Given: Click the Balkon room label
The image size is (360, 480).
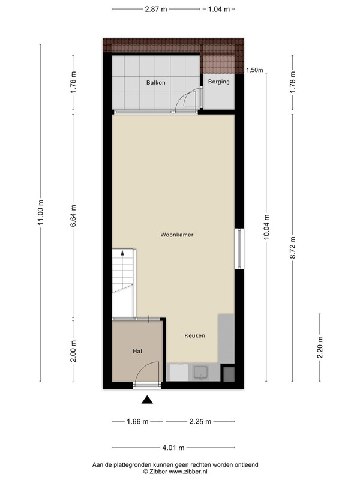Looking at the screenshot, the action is (156, 83).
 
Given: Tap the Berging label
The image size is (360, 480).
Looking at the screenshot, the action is (219, 82).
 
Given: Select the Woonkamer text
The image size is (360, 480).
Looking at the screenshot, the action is (177, 235).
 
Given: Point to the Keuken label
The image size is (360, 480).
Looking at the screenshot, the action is (194, 335).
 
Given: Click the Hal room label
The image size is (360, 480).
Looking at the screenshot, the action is (137, 352).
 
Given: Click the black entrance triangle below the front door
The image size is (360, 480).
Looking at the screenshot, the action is (147, 400).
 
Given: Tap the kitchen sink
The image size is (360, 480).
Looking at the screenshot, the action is (200, 373).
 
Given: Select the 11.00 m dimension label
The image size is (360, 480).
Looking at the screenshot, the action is (41, 212).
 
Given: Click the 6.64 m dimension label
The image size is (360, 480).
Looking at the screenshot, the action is (73, 216).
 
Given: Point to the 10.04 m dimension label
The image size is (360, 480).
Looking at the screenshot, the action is (266, 227).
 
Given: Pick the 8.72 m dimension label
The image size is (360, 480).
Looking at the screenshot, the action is (293, 248).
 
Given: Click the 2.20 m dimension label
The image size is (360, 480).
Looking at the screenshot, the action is (320, 347).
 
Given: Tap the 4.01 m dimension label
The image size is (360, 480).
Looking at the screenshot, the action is (173, 448).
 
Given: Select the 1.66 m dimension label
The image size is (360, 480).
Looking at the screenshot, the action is (137, 422).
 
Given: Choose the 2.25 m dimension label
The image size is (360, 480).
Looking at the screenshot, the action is (200, 422).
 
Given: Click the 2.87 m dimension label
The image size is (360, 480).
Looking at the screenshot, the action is (156, 9).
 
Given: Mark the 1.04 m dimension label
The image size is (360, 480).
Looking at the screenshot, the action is (219, 9).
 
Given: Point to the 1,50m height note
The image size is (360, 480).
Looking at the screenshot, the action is (254, 70).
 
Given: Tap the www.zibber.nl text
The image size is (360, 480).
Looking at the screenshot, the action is (188, 472).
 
